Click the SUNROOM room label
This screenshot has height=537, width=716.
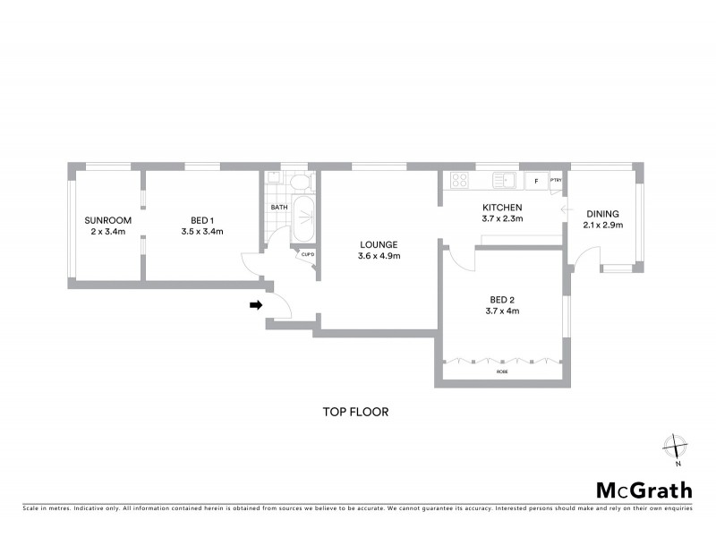[x=108, y=220]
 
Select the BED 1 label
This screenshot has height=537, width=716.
[x=201, y=220]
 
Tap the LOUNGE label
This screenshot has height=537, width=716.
[x=379, y=244]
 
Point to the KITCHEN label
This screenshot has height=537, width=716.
[x=501, y=207]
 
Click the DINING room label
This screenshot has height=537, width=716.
[x=601, y=214]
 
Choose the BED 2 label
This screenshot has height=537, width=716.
[x=501, y=300]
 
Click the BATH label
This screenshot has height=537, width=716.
[x=278, y=208]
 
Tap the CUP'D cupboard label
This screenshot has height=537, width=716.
[x=307, y=254]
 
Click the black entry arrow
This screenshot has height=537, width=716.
[x=255, y=305]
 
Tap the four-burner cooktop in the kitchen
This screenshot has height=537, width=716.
[x=460, y=180]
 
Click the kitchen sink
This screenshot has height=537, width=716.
[x=507, y=180]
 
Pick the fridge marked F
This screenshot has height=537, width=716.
[x=536, y=181]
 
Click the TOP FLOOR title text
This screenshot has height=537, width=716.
[x=355, y=413]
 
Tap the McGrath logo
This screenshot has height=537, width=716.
[x=644, y=490]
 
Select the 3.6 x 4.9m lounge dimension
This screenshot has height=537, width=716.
[x=379, y=256]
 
